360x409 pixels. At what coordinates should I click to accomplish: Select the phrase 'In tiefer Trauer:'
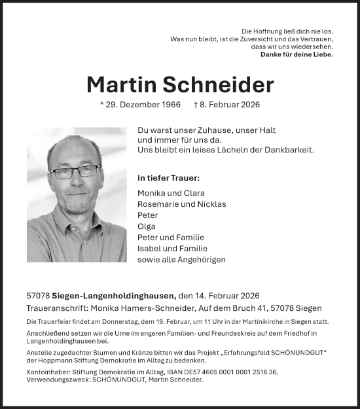coord(169,178)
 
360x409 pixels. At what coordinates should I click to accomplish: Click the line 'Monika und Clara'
coord(171,193)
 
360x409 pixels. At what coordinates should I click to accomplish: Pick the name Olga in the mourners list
coord(147,226)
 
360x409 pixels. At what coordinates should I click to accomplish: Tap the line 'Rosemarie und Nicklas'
coord(182,204)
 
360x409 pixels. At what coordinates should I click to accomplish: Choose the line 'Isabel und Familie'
coord(173,248)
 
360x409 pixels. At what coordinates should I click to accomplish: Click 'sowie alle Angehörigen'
coord(182,259)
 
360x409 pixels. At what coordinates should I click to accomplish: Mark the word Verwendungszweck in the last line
coord(54,379)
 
